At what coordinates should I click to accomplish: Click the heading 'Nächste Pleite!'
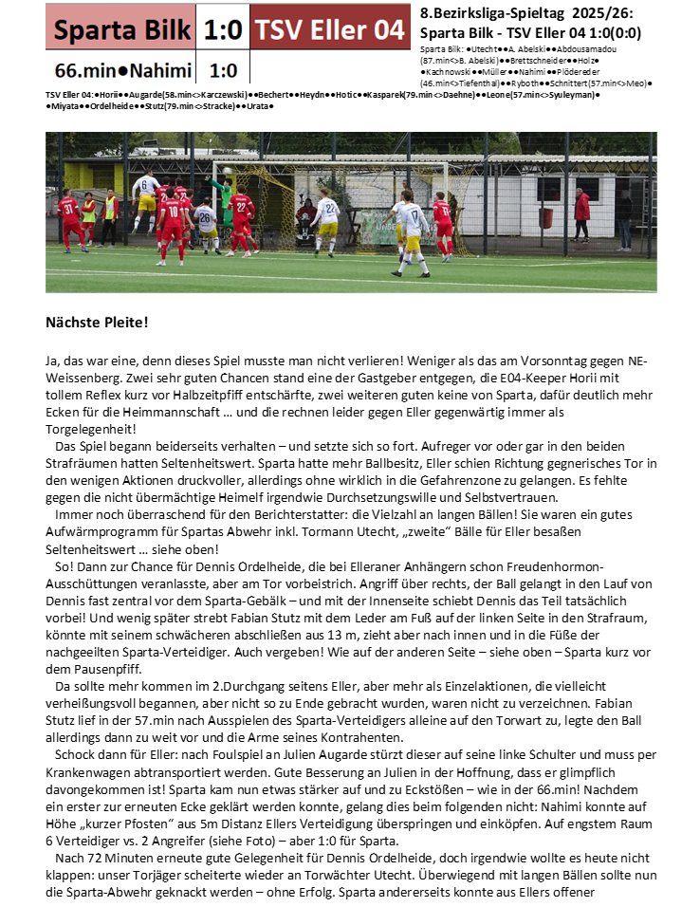coord(97,323)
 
